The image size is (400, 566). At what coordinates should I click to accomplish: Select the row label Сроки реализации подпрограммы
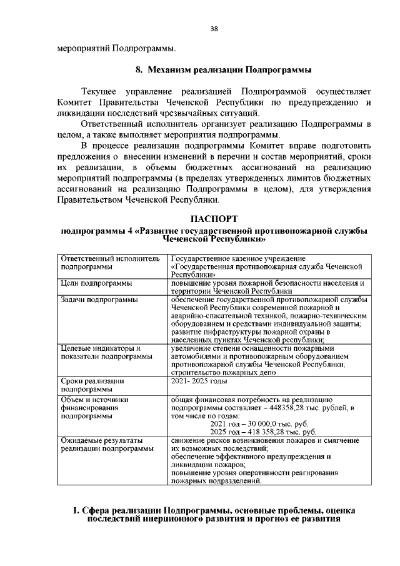(92, 385)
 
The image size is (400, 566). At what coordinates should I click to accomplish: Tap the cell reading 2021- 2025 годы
(199, 380)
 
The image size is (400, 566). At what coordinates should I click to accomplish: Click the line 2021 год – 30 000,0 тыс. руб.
(263, 423)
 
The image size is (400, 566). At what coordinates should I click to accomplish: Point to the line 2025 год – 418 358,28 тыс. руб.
(263, 432)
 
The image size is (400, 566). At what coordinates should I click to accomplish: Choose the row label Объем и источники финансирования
(94, 407)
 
